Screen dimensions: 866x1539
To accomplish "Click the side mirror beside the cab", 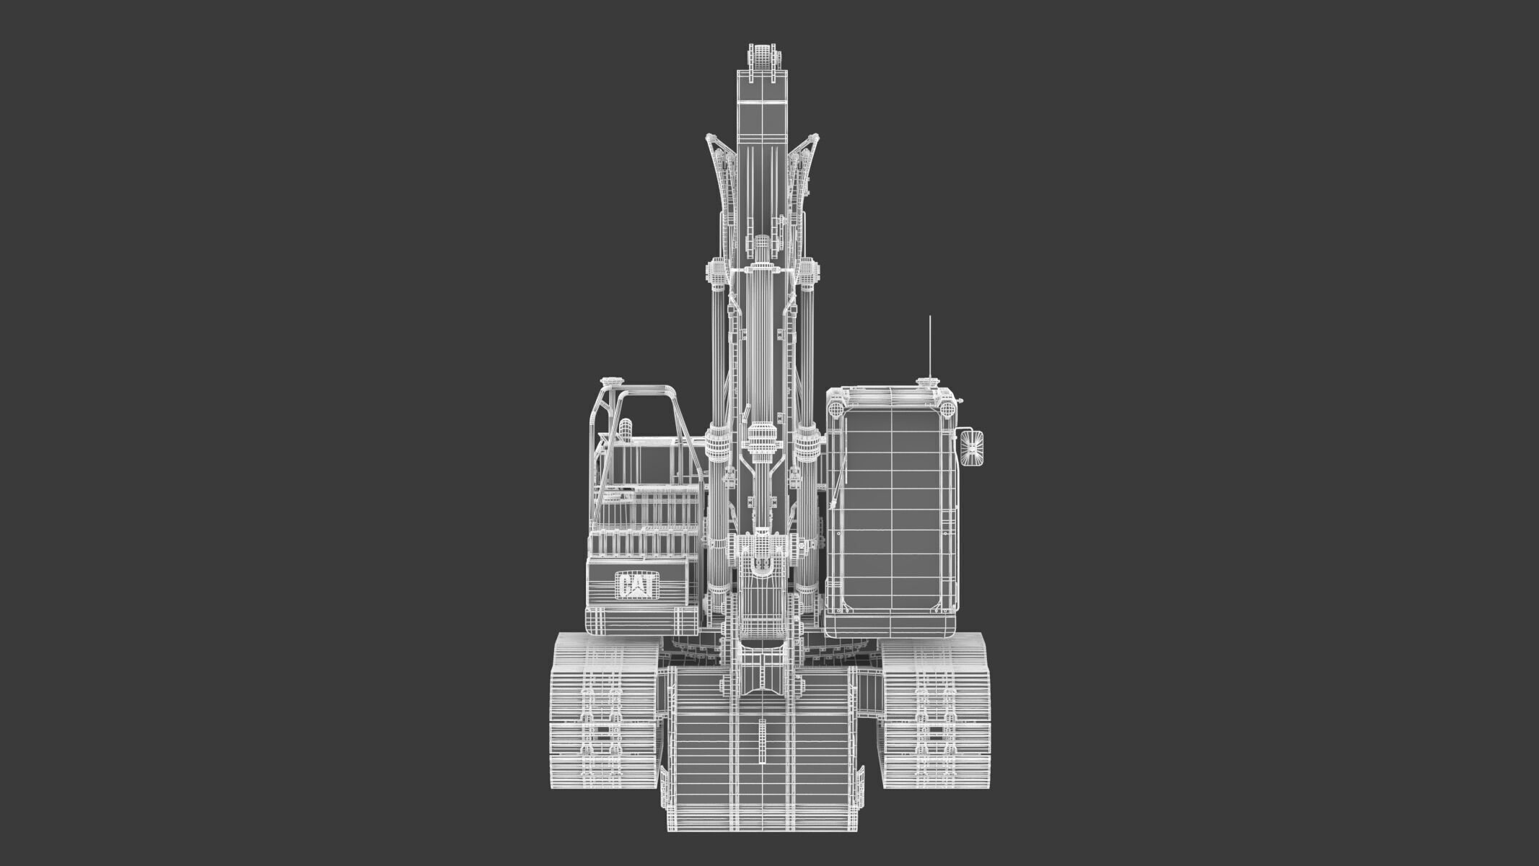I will pos(972,448).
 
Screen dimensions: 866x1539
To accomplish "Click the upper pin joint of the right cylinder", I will pos(810,272).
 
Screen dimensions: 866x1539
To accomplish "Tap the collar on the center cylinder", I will pos(761,436).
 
